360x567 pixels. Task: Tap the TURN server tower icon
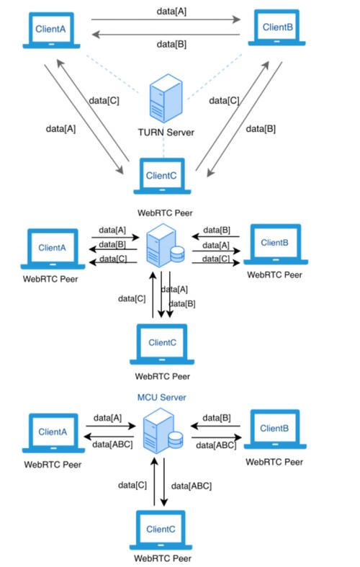pos(162,102)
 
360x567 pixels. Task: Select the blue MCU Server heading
pos(163,397)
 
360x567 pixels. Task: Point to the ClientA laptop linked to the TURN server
pos(51,31)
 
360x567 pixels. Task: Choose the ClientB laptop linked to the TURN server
pos(276,29)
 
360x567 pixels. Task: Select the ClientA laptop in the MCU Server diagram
pos(52,434)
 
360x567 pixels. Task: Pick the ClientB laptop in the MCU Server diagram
pos(274,431)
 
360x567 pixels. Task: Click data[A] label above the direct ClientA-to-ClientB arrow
pos(174,12)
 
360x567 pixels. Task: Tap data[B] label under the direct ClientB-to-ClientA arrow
pos(174,45)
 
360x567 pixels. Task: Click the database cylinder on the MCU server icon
pos(176,439)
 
